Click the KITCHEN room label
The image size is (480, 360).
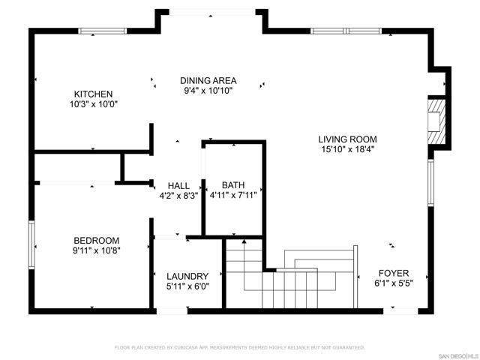[93, 94]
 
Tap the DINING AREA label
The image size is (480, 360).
[208, 80]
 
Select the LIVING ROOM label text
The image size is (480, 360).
[347, 139]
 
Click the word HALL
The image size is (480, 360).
[178, 186]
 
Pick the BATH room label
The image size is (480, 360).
[233, 185]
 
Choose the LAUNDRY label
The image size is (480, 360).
[187, 276]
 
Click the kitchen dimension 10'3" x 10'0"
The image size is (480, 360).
[93, 105]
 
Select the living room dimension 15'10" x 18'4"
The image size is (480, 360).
[347, 149]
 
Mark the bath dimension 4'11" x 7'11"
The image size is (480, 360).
[233, 196]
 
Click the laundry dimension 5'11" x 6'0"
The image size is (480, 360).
[187, 286]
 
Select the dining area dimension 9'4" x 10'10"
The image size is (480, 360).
[208, 91]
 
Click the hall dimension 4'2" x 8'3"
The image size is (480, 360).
[178, 196]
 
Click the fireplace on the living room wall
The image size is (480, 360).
[436, 120]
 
